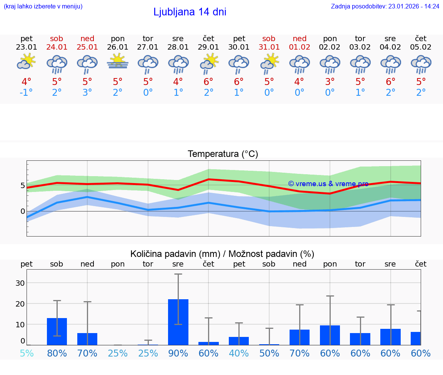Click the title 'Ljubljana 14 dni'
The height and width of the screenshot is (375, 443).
[x=190, y=12]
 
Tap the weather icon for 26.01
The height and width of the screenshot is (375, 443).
[x=118, y=62]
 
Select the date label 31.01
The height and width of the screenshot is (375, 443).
[x=269, y=47]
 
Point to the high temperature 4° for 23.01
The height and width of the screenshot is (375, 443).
[x=27, y=82]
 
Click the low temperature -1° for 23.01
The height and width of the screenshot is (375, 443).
[x=27, y=93]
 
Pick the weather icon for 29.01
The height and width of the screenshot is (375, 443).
[x=209, y=63]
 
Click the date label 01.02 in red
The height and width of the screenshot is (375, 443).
[x=299, y=47]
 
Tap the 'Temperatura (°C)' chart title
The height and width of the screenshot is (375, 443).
[x=223, y=154]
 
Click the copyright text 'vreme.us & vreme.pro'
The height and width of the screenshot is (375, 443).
[x=328, y=184]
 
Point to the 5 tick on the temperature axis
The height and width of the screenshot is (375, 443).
[x=23, y=185]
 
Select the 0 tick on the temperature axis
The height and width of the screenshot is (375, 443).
[x=23, y=211]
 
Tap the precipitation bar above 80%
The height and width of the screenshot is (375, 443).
[x=57, y=331]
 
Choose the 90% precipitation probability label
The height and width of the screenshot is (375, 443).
[x=178, y=353]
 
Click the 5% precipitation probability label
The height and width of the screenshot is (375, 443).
[x=27, y=353]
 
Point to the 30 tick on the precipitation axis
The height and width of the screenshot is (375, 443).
[x=20, y=283]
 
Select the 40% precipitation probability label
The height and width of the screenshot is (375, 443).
[x=239, y=353]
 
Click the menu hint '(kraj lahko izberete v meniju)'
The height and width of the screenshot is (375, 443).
[x=43, y=7]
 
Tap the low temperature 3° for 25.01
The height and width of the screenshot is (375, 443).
[x=87, y=93]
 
